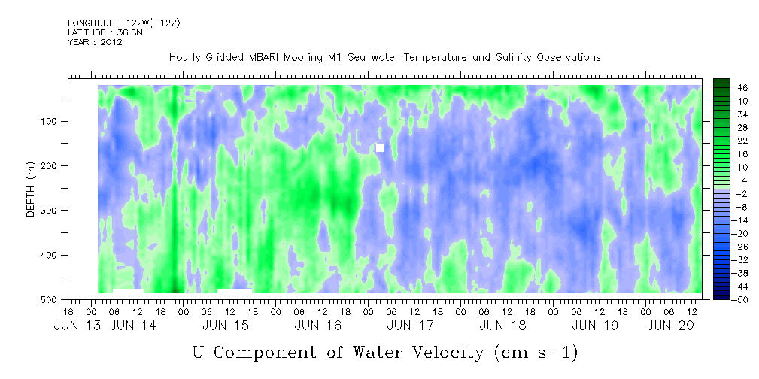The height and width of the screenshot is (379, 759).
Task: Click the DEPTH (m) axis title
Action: click(x=31, y=188)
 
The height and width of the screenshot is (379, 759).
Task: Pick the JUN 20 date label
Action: click(x=668, y=326)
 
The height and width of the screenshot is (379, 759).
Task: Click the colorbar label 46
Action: click(x=730, y=88)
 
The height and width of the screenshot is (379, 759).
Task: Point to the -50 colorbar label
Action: click(x=727, y=299)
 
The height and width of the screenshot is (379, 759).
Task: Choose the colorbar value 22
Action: click(x=730, y=144)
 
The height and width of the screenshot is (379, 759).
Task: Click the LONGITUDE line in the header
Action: click(x=124, y=23)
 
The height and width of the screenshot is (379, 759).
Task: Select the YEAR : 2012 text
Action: click(x=95, y=42)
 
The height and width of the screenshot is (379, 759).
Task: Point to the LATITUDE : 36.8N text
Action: click(x=105, y=32)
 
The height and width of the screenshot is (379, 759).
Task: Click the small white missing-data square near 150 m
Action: click(x=380, y=147)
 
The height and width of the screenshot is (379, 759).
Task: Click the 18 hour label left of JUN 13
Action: click(x=68, y=312)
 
